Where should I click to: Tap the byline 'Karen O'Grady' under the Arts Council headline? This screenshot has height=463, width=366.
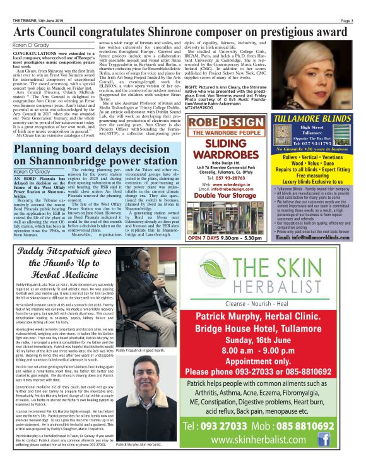(x=31, y=45)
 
